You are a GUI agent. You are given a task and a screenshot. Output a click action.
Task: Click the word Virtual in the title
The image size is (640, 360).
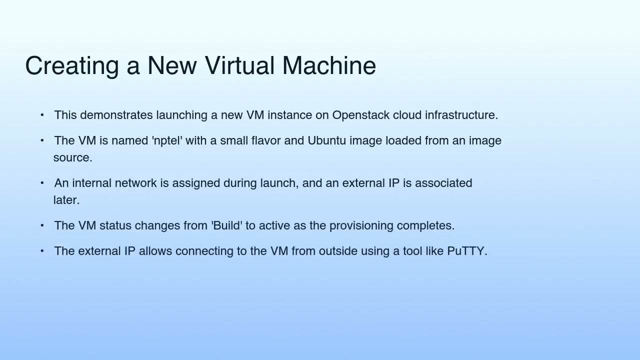pyautogui.click(x=239, y=66)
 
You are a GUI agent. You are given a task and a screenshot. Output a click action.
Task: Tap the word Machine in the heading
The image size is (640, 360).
pyautogui.click(x=329, y=66)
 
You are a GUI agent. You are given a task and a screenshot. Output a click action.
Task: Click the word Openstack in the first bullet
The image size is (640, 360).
pyautogui.click(x=360, y=115)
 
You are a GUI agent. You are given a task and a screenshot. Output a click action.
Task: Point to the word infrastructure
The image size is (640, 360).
pyautogui.click(x=461, y=115)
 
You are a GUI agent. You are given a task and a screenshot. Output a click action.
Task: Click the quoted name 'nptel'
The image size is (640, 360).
pyautogui.click(x=167, y=141)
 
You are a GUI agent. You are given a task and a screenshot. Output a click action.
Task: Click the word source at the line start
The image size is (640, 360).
pyautogui.click(x=72, y=158)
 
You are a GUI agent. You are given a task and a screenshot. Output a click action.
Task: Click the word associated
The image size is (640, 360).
pyautogui.click(x=443, y=183)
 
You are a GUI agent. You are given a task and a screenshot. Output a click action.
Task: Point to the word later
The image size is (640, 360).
pyautogui.click(x=66, y=200)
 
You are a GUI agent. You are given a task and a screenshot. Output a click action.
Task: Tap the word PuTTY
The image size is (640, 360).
pyautogui.click(x=466, y=251)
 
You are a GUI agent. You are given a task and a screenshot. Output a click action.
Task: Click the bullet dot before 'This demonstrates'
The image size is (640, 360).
pyautogui.click(x=42, y=115)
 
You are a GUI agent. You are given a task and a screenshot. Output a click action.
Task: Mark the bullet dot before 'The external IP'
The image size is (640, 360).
pyautogui.click(x=42, y=251)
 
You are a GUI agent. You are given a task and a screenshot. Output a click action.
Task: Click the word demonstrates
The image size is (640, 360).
pyautogui.click(x=116, y=115)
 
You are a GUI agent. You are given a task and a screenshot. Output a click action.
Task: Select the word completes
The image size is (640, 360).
pyautogui.click(x=425, y=226)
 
